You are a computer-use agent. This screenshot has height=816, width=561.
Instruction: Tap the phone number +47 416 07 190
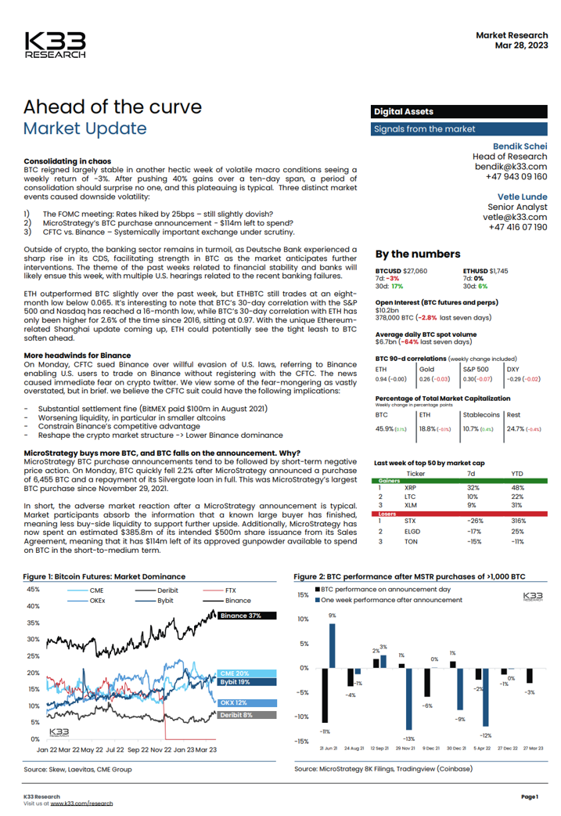pyautogui.click(x=518, y=226)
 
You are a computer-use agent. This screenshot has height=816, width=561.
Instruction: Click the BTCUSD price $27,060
pyautogui.click(x=414, y=270)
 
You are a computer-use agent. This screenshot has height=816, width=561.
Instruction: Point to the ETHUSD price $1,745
pyautogui.click(x=494, y=270)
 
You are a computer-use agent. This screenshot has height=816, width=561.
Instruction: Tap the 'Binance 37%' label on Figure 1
pyautogui.click(x=240, y=616)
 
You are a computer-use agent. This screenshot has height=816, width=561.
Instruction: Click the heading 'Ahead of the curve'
pyautogui.click(x=113, y=107)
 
